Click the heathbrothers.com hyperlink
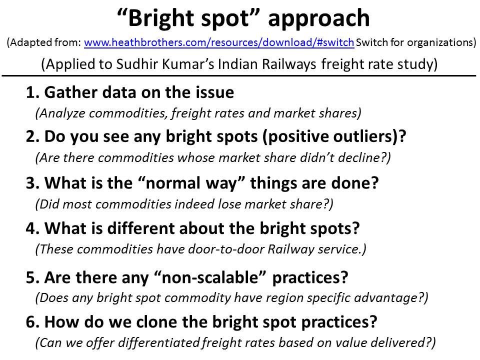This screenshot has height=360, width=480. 219,43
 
